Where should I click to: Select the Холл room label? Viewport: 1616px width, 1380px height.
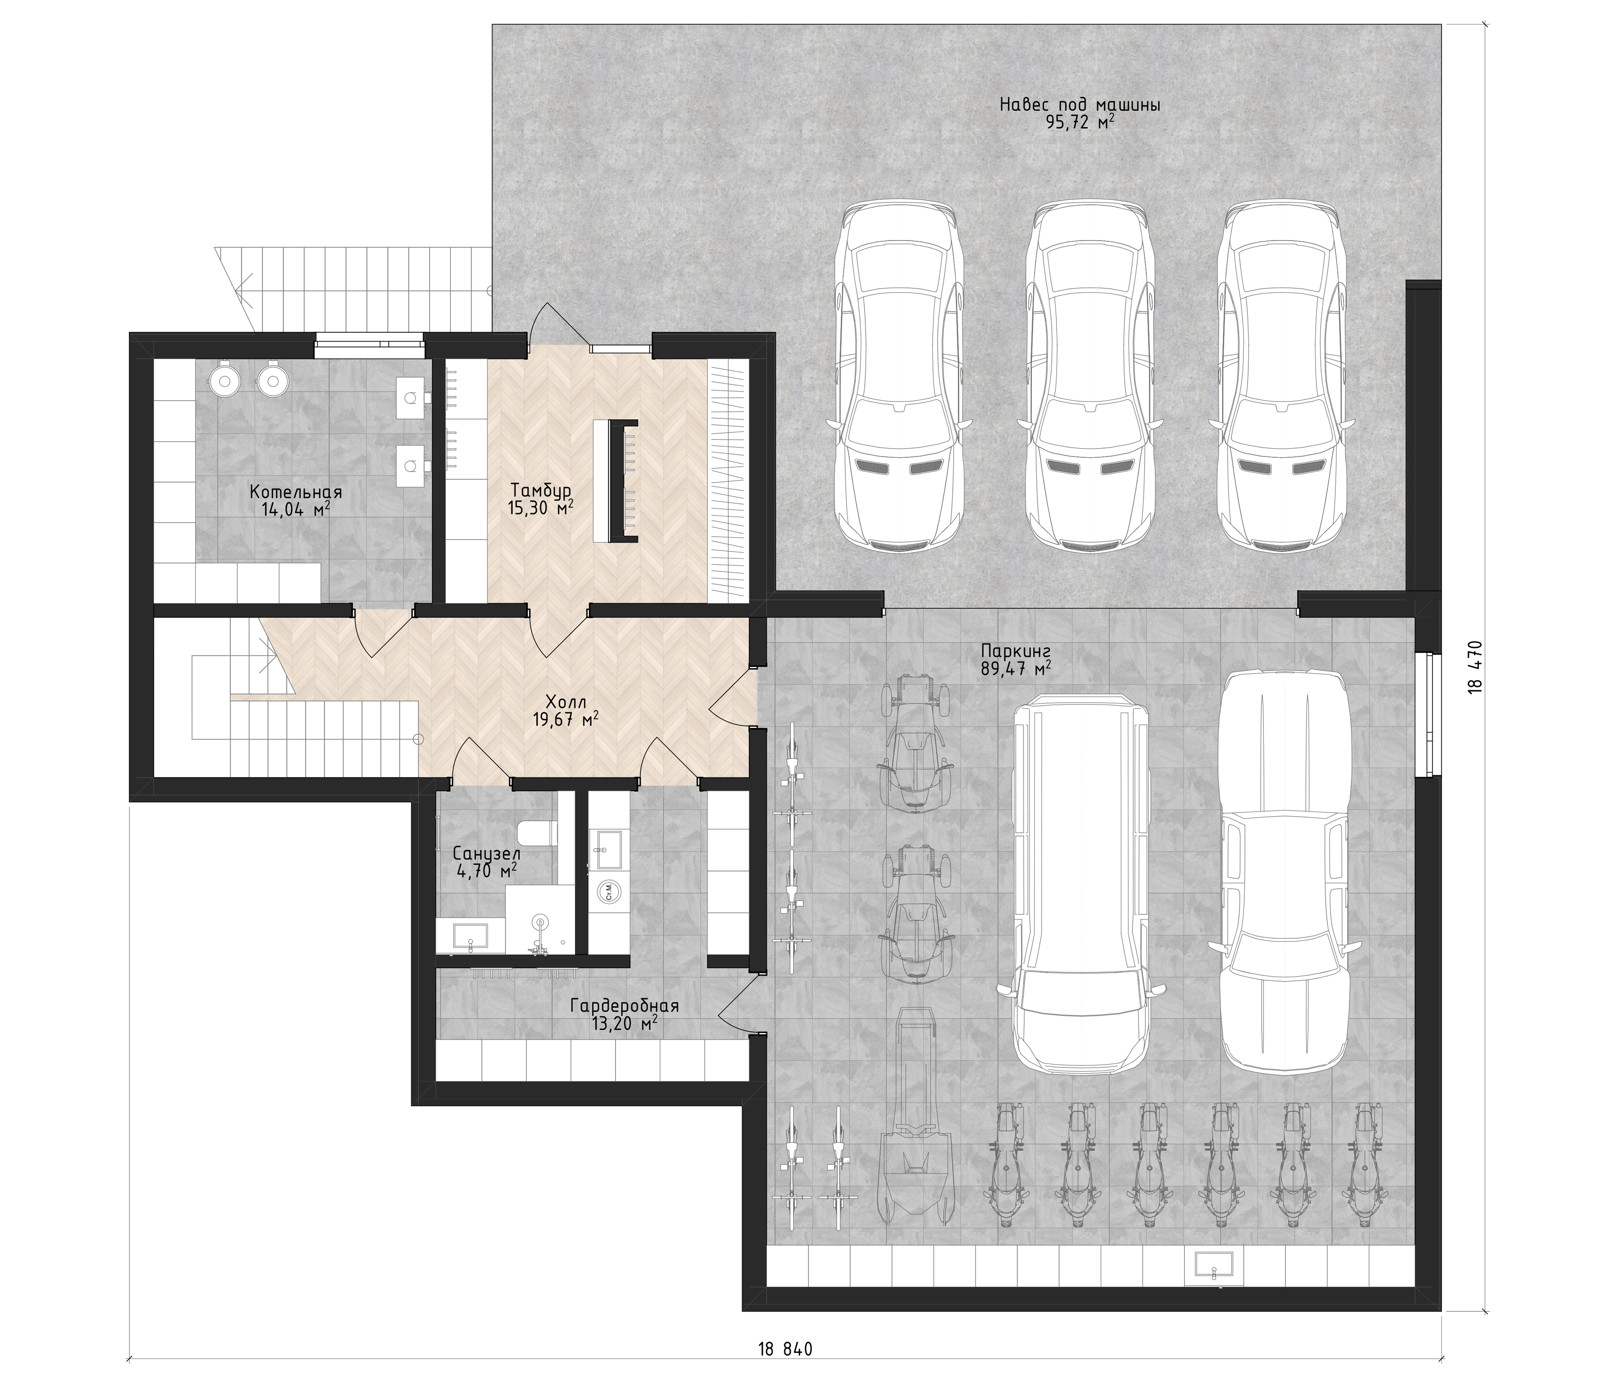pos(566,701)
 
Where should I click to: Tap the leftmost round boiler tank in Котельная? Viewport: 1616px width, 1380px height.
pos(225,380)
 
